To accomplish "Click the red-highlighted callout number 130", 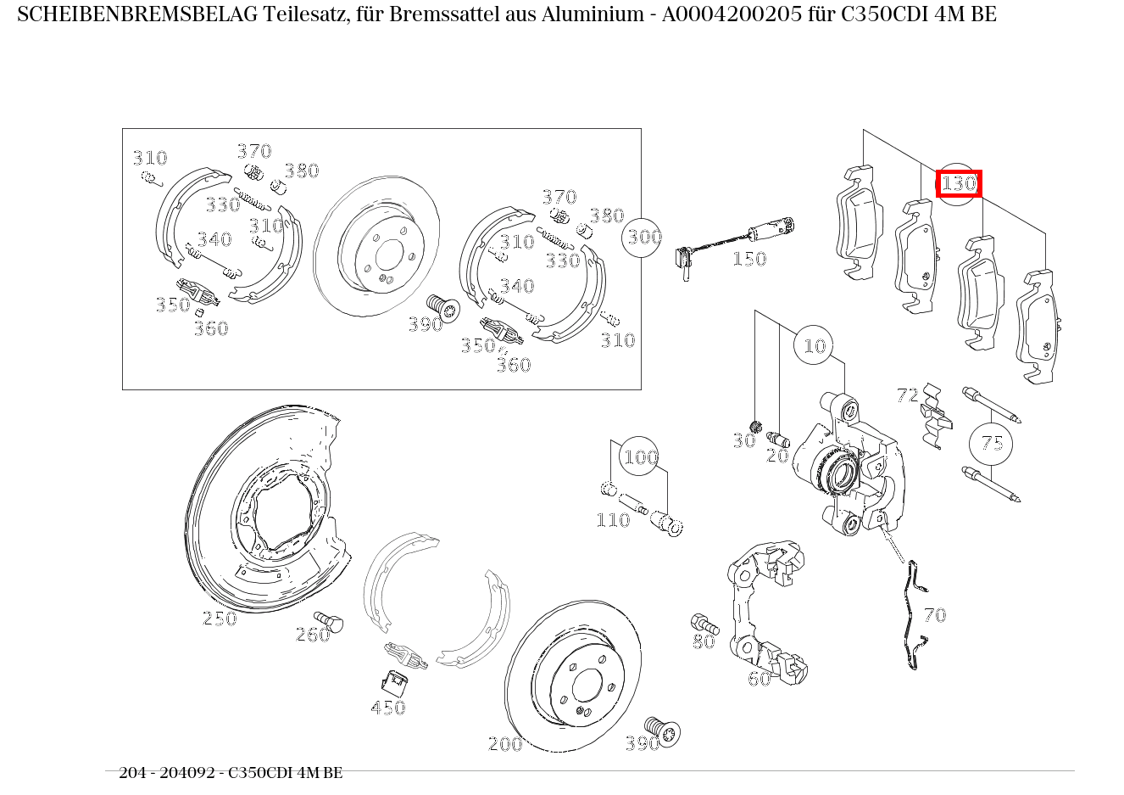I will coord(959,183).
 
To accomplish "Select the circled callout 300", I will coord(643,237).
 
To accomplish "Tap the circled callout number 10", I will coord(814,345).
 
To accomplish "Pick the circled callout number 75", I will coord(992,443).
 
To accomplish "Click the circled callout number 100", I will coord(640,457).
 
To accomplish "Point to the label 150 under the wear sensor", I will coord(748,259).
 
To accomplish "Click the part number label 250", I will coord(220,619).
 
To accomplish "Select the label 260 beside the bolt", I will coord(312,635).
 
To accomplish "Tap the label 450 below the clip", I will coord(388,708).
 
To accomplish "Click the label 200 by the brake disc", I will coord(505,744).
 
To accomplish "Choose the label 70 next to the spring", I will coord(934,615).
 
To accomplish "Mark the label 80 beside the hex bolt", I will coord(703,642).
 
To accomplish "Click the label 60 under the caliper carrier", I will coord(759,678).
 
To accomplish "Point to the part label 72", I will coord(907,395).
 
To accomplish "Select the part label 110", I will coord(612,520).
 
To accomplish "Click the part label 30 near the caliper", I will coord(743,440).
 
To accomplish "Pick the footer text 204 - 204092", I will coord(169,773).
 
